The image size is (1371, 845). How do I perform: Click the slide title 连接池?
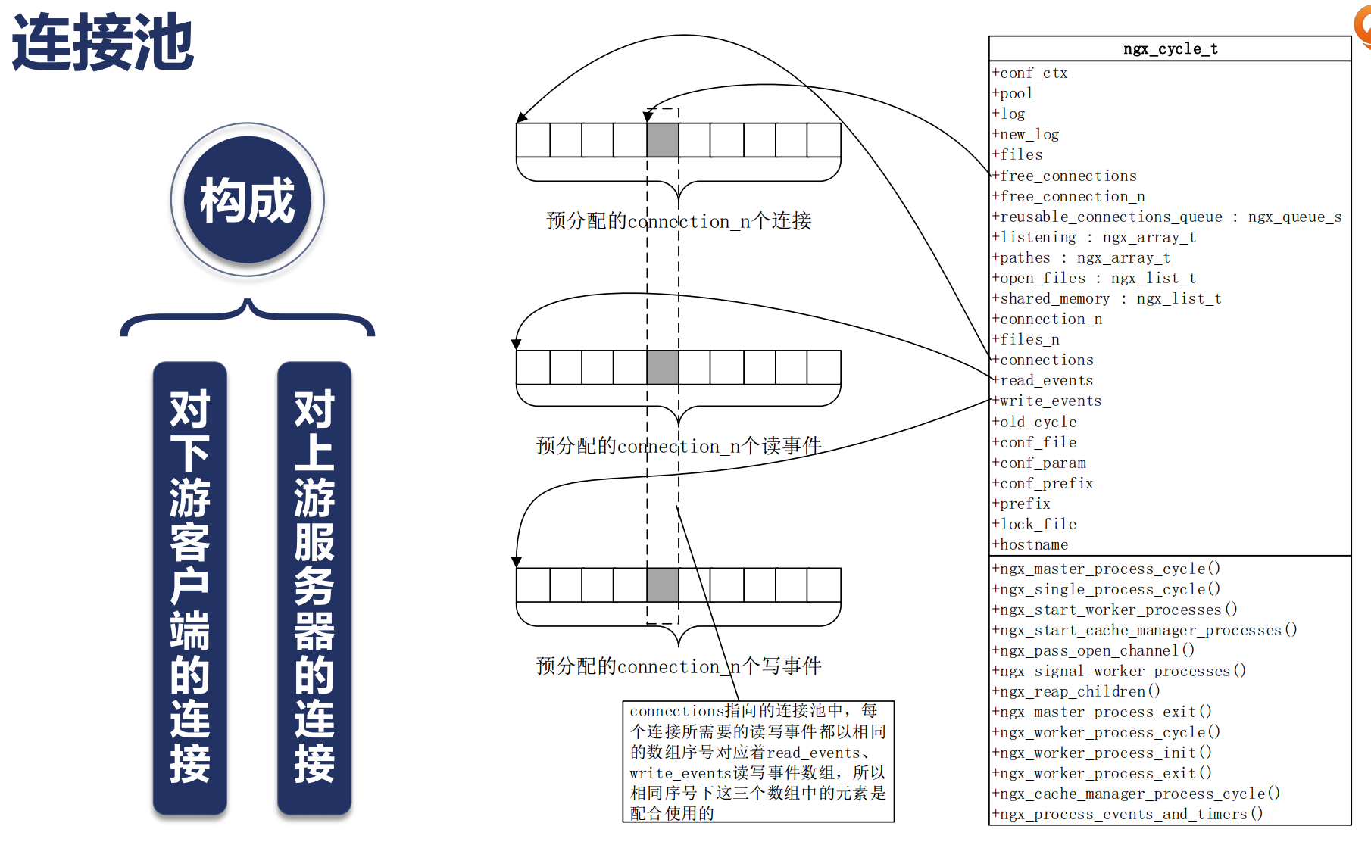pyautogui.click(x=103, y=42)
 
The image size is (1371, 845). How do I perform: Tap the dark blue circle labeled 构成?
pyautogui.click(x=248, y=201)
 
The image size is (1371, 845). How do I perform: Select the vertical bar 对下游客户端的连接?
pyautogui.click(x=189, y=587)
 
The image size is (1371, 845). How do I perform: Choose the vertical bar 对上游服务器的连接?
pyautogui.click(x=314, y=587)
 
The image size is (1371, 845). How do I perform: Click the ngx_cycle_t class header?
pyautogui.click(x=1170, y=49)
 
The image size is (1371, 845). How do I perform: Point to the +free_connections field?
pyautogui.click(x=1068, y=176)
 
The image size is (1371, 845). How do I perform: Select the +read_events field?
pyautogui.click(x=1046, y=380)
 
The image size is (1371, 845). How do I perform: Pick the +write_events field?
pyautogui.click(x=1050, y=401)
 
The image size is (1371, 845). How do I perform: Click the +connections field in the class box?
pyautogui.click(x=1046, y=360)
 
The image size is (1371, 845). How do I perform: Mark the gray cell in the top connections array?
pyautogui.click(x=663, y=140)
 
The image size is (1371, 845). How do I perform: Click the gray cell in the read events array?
pyautogui.click(x=663, y=367)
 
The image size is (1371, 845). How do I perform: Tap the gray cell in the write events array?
pyautogui.click(x=663, y=585)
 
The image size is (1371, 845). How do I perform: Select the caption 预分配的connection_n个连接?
pyautogui.click(x=679, y=221)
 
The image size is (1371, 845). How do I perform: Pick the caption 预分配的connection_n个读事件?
pyautogui.click(x=679, y=446)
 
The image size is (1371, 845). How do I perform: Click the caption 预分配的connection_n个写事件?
pyautogui.click(x=679, y=666)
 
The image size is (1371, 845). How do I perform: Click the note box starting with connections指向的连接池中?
pyautogui.click(x=757, y=761)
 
